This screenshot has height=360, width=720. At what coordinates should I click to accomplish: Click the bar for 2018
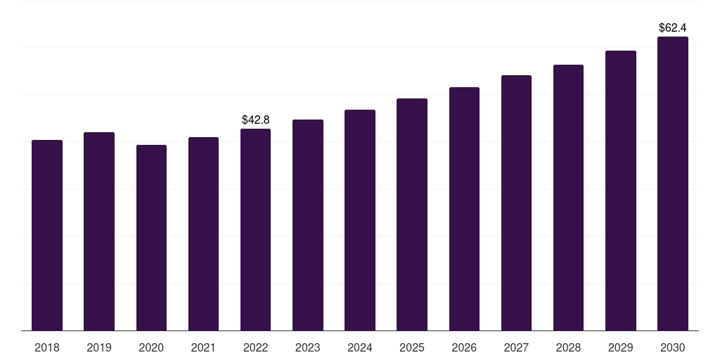[47, 236]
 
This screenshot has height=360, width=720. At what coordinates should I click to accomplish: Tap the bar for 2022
[255, 230]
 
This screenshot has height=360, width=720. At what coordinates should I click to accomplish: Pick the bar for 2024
[360, 220]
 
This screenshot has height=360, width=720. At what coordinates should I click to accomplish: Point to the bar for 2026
[464, 209]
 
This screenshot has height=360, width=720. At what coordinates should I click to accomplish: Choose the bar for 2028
[568, 198]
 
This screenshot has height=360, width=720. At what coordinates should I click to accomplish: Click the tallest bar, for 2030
[673, 184]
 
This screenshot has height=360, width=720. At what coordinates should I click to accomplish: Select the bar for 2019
[99, 231]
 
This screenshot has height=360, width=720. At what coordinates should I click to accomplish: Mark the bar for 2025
[412, 214]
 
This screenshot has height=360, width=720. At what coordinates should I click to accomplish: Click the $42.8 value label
[255, 120]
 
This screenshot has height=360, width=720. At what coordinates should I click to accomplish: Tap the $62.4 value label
[673, 28]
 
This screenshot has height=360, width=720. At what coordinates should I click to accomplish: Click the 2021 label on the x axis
[203, 347]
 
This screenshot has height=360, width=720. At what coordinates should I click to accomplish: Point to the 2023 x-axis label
[308, 347]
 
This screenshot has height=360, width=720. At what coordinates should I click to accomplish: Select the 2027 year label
[516, 347]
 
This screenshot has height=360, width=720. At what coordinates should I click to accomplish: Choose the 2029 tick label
[621, 347]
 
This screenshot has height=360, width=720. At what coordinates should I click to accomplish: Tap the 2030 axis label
[673, 347]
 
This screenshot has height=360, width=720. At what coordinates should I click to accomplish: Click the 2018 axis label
[47, 347]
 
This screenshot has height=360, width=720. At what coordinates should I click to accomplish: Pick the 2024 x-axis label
[360, 347]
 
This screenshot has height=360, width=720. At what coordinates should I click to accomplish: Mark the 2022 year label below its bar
[255, 347]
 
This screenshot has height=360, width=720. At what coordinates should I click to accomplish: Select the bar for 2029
[621, 191]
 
